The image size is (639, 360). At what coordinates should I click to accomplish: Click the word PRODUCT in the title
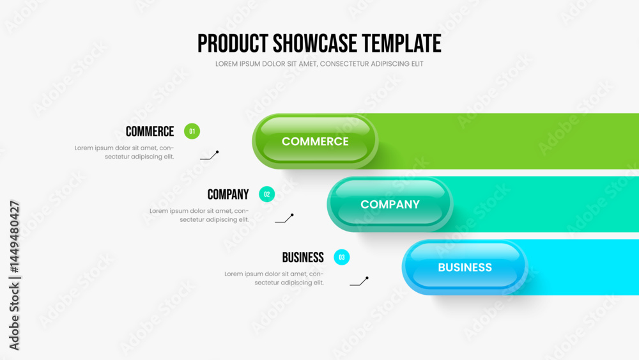(x=233, y=43)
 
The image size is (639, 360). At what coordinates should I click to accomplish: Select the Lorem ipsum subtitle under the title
(x=319, y=64)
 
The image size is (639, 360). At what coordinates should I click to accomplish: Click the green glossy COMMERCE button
(x=315, y=141)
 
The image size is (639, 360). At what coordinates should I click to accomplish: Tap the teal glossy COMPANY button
(x=390, y=204)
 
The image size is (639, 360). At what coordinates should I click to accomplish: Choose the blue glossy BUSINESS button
(x=465, y=267)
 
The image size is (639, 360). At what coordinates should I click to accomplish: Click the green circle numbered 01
(x=192, y=131)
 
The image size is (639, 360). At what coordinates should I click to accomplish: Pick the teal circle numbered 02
(x=267, y=194)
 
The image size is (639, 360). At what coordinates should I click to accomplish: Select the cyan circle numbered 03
(x=341, y=257)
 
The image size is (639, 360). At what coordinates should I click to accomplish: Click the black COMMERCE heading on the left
(x=150, y=131)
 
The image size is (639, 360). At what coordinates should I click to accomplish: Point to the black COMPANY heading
(x=228, y=194)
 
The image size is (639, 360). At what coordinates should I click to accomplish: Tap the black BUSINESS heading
(x=303, y=258)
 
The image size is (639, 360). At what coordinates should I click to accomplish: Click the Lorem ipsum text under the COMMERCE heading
(x=125, y=152)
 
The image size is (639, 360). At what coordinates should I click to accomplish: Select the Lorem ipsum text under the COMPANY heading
(x=199, y=215)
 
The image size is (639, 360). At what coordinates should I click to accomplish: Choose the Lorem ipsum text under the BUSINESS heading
(x=274, y=278)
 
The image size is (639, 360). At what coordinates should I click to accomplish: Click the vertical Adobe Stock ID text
(x=14, y=275)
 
